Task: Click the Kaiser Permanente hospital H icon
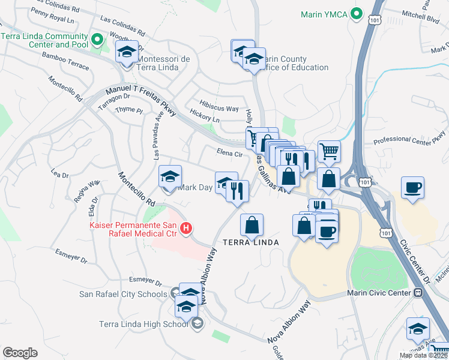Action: click(x=186, y=228)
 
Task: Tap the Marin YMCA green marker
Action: click(x=357, y=13)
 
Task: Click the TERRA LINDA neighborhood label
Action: click(x=251, y=242)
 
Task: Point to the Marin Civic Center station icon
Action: click(x=417, y=293)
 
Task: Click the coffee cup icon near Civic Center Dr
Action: click(x=413, y=187)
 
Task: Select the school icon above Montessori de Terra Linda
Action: click(x=127, y=53)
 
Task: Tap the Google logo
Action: click(x=20, y=353)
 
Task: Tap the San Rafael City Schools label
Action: click(x=123, y=294)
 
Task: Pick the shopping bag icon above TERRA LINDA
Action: click(x=252, y=226)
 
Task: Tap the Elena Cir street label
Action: click(x=229, y=154)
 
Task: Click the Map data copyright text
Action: click(x=423, y=355)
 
